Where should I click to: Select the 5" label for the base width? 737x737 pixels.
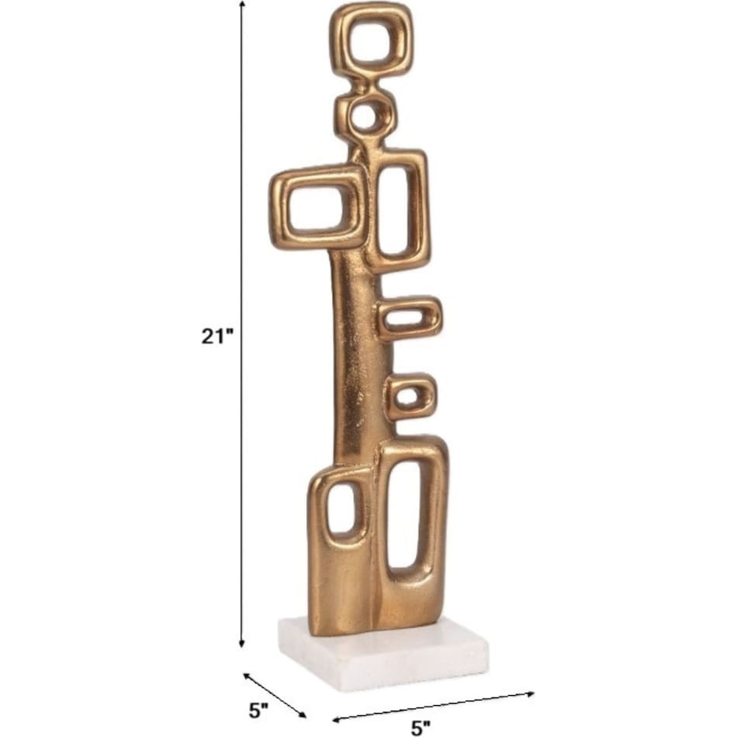coord(420,728)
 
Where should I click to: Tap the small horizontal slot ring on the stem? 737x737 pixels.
coord(409,318)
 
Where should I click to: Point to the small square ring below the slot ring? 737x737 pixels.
coord(409,396)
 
